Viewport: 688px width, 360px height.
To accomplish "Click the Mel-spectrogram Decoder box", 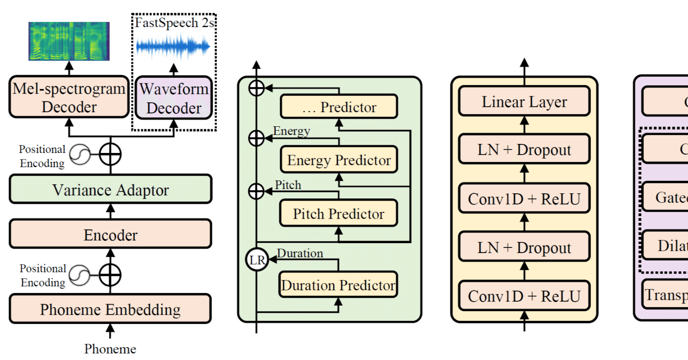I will coord(69,97).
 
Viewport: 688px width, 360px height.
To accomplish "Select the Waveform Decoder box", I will coord(174,98).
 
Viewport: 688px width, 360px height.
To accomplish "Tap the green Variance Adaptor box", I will coord(110,189).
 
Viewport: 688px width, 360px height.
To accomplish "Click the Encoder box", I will coord(110,235).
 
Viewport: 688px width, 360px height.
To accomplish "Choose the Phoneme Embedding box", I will coord(110,309).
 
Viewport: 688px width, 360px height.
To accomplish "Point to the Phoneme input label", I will coord(110,349).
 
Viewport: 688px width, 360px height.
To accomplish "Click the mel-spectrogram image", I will coord(69,41).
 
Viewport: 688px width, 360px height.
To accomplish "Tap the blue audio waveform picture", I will coord(173,46).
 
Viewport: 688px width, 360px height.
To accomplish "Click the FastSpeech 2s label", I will coord(174,22).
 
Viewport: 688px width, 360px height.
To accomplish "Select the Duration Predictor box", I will coord(338,285).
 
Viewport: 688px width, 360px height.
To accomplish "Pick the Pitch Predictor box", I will coord(338,214).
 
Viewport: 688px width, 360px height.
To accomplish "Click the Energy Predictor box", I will coord(339,160).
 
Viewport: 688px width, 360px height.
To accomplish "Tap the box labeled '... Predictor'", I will coord(339,107).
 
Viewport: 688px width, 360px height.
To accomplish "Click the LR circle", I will coord(257,259).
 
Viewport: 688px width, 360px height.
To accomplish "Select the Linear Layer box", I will coord(524,102).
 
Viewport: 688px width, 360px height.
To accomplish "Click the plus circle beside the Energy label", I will coord(257,138).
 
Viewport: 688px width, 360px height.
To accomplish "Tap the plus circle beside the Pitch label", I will coord(257,191).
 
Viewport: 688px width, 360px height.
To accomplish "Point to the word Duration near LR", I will coord(300,253).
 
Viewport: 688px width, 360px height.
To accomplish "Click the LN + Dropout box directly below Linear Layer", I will coord(524,149).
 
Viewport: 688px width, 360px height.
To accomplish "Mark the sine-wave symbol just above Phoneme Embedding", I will coord(80,275).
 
